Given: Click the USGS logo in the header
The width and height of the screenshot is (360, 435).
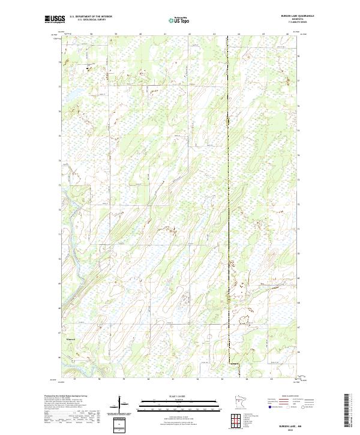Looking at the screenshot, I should (x=53, y=19).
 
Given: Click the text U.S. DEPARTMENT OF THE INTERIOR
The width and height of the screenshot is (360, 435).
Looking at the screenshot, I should (x=91, y=17).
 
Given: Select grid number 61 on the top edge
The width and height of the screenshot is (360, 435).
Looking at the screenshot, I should (x=164, y=35).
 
